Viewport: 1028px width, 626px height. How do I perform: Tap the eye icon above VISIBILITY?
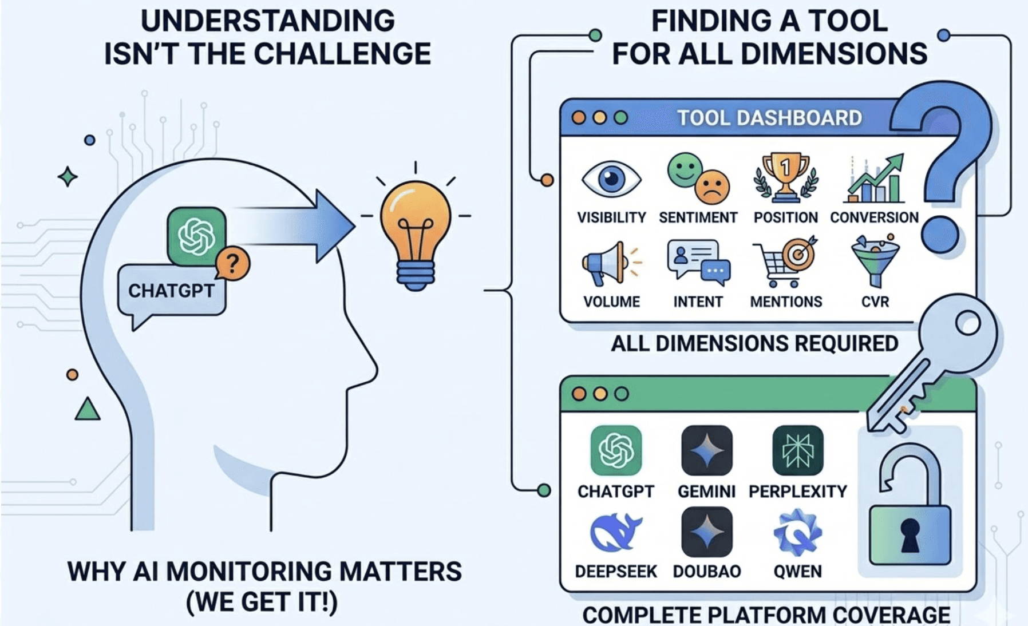tap(611, 179)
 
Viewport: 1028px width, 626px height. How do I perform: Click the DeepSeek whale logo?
tap(615, 532)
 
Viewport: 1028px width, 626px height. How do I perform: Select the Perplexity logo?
tap(797, 450)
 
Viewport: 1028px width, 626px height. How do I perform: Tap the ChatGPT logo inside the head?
tap(196, 236)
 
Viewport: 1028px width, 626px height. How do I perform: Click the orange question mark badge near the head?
tap(232, 264)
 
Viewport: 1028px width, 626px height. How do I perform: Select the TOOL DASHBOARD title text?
tap(769, 118)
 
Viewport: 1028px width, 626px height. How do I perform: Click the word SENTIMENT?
tap(698, 217)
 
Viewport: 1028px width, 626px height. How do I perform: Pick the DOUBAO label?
tap(706, 571)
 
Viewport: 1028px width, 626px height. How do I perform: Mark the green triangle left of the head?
tap(88, 410)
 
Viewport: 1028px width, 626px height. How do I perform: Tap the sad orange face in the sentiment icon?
tap(712, 187)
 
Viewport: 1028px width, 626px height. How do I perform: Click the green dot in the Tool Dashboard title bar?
tap(620, 118)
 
